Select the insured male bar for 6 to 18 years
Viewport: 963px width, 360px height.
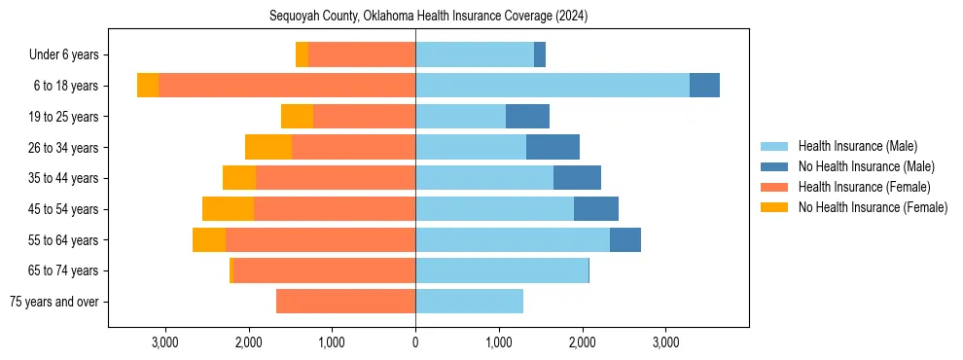pos(553,86)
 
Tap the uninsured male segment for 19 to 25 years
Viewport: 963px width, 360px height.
pos(527,117)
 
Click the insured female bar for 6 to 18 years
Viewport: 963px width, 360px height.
pos(287,86)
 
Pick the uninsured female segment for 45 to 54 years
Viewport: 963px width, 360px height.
pos(228,209)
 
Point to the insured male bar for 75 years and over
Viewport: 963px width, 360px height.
pos(469,302)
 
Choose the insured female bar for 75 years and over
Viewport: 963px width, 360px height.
pos(345,302)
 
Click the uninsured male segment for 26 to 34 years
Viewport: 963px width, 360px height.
pos(553,147)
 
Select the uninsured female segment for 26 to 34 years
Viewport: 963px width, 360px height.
pos(268,147)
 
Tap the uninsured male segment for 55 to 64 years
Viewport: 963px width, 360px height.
pos(625,240)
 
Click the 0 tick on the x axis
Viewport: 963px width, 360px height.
pos(415,342)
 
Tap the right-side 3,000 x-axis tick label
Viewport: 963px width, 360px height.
pos(665,342)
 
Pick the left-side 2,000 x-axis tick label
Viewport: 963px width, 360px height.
pos(248,342)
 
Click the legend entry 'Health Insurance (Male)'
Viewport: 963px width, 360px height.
pos(857,146)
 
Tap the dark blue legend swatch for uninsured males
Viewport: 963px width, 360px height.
pos(774,166)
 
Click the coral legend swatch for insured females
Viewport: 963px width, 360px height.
pos(774,187)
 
